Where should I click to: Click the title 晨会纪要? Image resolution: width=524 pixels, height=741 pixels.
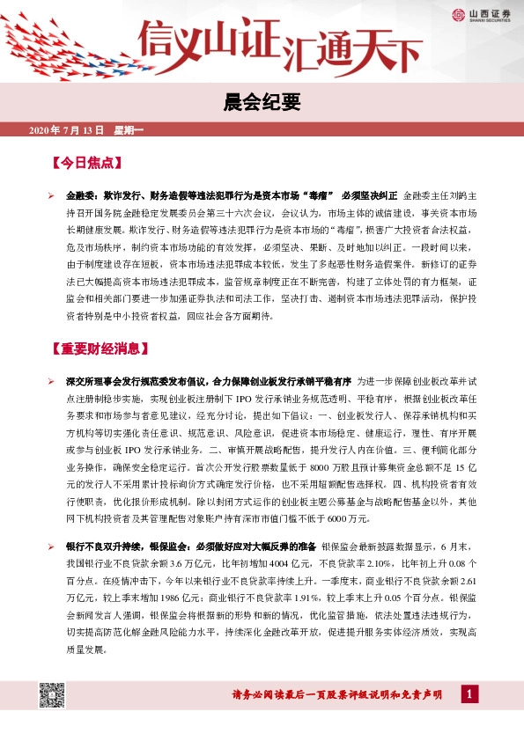(262, 104)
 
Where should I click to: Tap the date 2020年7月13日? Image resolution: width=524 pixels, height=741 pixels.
(67, 130)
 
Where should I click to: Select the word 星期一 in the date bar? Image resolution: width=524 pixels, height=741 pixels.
(129, 130)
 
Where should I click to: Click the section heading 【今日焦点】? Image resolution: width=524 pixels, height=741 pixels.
(85, 164)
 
